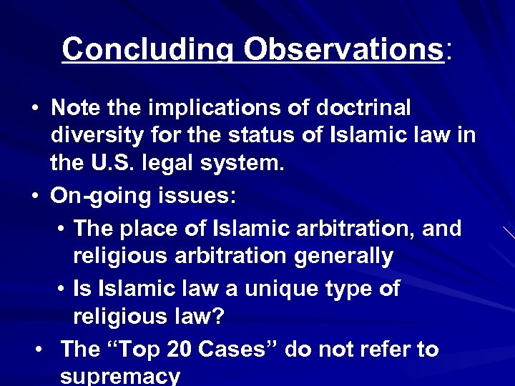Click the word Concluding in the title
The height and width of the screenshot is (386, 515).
147,49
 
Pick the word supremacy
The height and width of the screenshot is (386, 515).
120,376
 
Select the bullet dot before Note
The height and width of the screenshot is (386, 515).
34,108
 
